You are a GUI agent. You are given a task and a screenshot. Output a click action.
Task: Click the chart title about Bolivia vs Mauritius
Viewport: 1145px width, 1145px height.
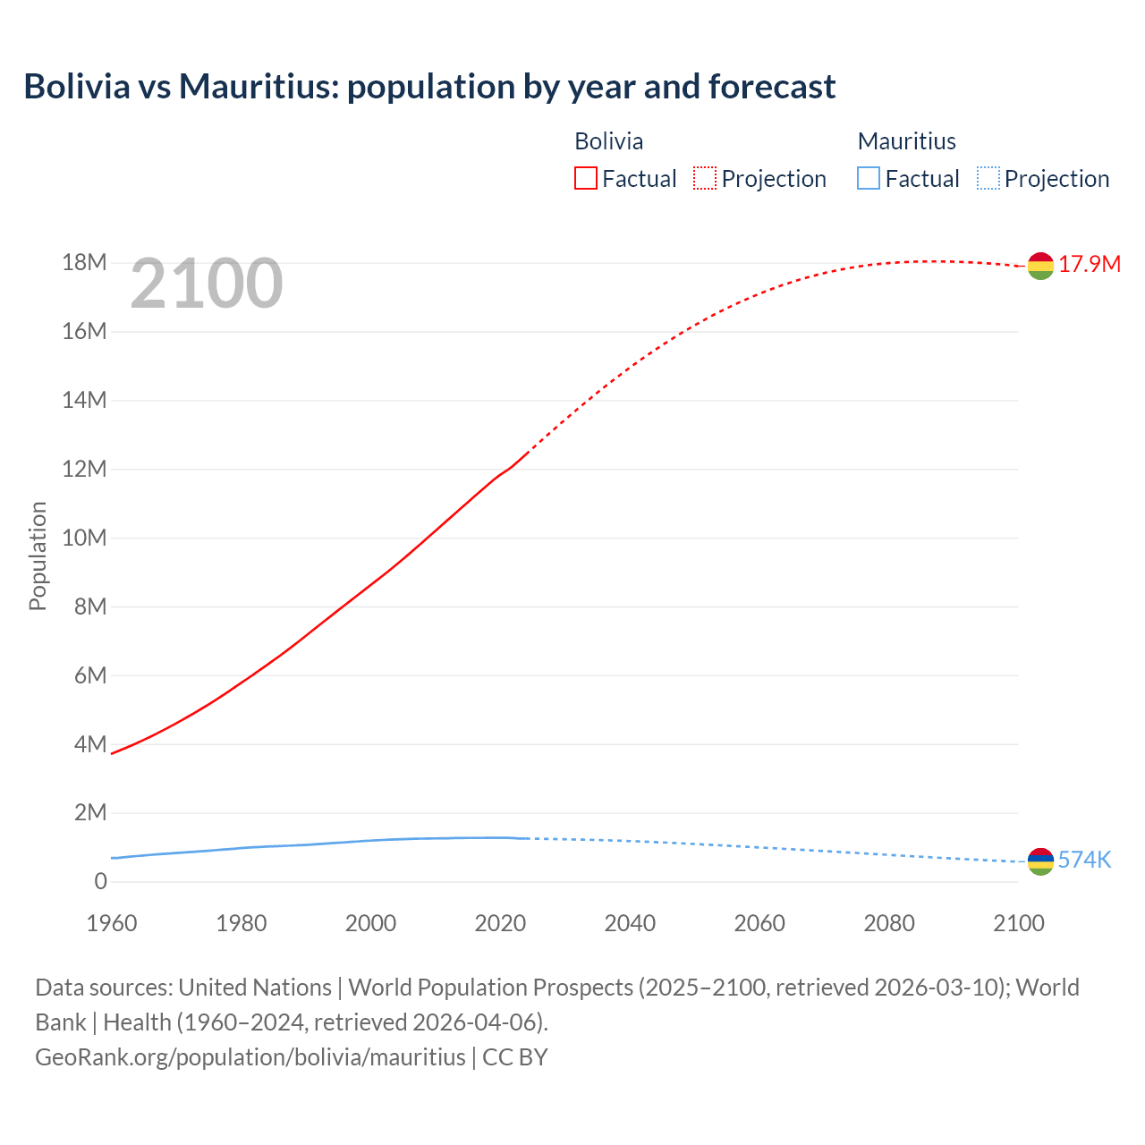pyautogui.click(x=429, y=87)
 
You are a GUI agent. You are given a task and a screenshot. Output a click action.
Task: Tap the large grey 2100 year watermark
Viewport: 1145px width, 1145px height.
pyautogui.click(x=207, y=284)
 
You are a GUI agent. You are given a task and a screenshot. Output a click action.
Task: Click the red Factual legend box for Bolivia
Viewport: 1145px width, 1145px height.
pyautogui.click(x=585, y=178)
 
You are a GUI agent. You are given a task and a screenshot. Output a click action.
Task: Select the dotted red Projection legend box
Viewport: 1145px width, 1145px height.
pyautogui.click(x=705, y=178)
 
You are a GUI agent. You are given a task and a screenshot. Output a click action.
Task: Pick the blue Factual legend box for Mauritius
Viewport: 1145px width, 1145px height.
pyautogui.click(x=868, y=178)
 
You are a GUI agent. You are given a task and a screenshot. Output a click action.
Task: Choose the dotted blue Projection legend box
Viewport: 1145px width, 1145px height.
pyautogui.click(x=988, y=178)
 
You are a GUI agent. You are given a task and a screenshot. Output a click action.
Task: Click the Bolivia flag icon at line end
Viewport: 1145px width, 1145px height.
pyautogui.click(x=1040, y=266)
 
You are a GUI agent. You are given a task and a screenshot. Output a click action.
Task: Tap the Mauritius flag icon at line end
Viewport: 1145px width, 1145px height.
pyautogui.click(x=1040, y=861)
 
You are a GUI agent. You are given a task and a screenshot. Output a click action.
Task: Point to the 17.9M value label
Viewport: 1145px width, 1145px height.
pyautogui.click(x=1089, y=264)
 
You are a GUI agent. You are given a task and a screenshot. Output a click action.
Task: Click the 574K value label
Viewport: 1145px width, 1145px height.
pyautogui.click(x=1084, y=860)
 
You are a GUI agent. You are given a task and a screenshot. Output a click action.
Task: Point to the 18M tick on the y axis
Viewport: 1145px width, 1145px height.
pyautogui.click(x=84, y=262)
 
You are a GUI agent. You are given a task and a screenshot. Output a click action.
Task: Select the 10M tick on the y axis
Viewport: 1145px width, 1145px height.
pyautogui.click(x=84, y=538)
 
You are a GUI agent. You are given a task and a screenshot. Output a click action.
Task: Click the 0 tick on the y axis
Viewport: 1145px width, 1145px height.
pyautogui.click(x=100, y=881)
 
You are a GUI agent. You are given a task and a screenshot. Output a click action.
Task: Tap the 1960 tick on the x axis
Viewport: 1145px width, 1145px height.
pyautogui.click(x=112, y=923)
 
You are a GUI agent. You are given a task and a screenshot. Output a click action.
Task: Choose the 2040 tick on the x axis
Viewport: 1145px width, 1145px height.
pyautogui.click(x=630, y=923)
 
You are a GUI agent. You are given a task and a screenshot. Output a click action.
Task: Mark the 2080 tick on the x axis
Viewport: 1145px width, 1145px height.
pyautogui.click(x=889, y=923)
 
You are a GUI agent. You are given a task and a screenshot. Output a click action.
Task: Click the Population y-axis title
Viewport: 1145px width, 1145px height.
pyautogui.click(x=38, y=556)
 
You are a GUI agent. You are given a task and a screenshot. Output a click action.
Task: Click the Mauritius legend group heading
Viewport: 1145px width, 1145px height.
pyautogui.click(x=906, y=141)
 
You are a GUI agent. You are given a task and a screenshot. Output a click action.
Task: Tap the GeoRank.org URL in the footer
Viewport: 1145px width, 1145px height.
pyautogui.click(x=250, y=1056)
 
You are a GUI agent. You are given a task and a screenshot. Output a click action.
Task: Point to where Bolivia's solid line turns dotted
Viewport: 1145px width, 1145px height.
pyautogui.click(x=528, y=453)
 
